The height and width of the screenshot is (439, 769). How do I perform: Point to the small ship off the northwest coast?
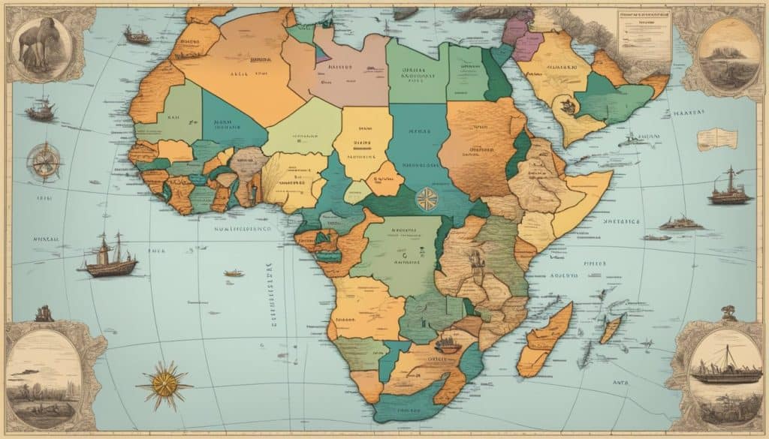(x=137, y=35)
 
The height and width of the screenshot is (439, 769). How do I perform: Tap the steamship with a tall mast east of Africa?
(x=729, y=188)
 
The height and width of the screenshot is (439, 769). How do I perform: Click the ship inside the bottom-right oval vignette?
(x=725, y=369)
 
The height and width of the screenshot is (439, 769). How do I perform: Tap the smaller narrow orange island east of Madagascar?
(x=611, y=329)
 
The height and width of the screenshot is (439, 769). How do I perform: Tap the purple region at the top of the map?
(x=517, y=31)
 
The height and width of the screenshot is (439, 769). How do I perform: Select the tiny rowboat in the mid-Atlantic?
(x=234, y=273)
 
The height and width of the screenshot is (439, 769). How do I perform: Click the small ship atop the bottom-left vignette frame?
(x=44, y=313)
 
